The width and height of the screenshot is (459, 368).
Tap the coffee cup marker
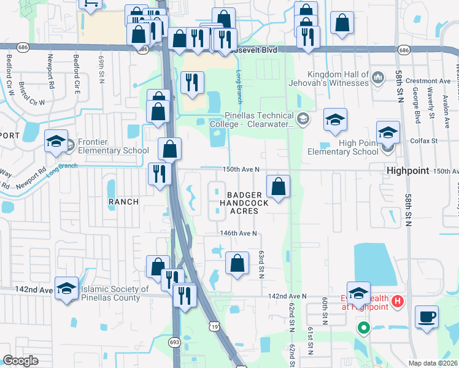click(x=426, y=318)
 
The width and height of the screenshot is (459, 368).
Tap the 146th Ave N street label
click(x=238, y=234)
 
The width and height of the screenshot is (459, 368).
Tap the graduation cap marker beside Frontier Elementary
click(x=56, y=142)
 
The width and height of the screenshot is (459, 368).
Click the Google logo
click(x=20, y=361)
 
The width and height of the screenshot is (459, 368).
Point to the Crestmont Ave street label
click(x=432, y=81)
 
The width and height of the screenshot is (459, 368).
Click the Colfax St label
click(x=424, y=141)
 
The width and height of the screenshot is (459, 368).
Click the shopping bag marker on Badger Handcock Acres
click(x=279, y=186)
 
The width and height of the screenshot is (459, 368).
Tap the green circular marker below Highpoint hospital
click(x=363, y=328)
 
